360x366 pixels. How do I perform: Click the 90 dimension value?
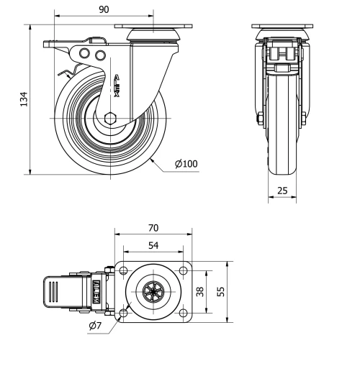click(x=103, y=9)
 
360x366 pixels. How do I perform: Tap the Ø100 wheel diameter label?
click(x=186, y=164)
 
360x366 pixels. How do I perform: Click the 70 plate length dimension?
click(x=153, y=228)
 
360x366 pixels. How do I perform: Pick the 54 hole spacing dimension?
click(x=153, y=245)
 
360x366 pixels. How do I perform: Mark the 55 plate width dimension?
click(x=221, y=292)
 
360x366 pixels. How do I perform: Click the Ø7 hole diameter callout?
click(x=96, y=327)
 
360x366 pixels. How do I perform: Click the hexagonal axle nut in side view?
click(x=109, y=119)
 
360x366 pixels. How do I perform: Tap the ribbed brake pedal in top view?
click(x=55, y=293)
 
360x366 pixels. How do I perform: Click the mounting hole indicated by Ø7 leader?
click(x=122, y=314)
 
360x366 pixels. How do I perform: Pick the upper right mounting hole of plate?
click(x=184, y=271)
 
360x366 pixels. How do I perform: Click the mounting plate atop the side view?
click(x=154, y=27)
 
